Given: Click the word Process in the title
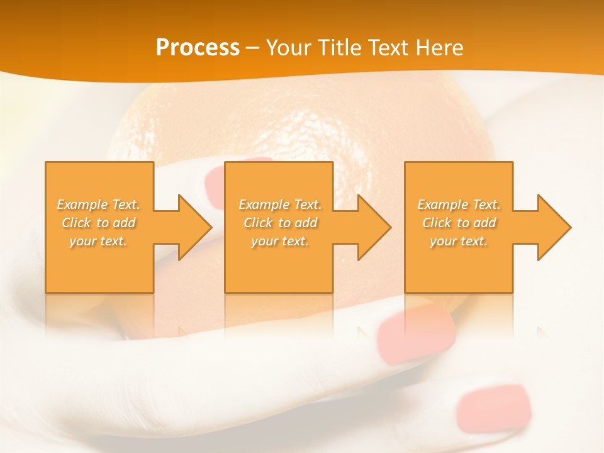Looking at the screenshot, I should (198, 48).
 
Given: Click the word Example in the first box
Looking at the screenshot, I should (81, 204).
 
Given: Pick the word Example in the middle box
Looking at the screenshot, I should (263, 204).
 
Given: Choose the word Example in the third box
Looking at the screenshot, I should (442, 204).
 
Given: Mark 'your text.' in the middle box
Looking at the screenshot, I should (280, 241).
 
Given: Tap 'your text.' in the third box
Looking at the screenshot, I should (459, 241).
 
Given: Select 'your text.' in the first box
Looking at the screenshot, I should (98, 241).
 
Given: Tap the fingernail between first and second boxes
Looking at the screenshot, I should (217, 185).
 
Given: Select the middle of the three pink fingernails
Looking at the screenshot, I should (416, 337).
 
